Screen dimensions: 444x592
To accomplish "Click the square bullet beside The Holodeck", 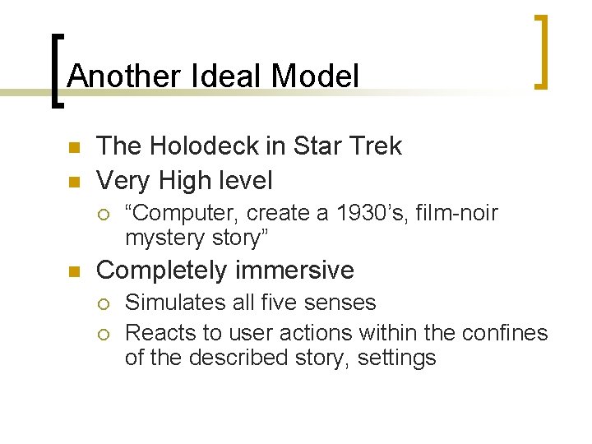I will pos(72,148).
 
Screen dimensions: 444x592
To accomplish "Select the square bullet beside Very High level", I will pos(72,180).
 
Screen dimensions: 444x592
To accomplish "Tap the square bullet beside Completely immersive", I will pos(72,271).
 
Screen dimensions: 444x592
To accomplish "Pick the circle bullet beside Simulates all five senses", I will pos(103,303).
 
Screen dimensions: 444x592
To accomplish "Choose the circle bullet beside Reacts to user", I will pos(103,334).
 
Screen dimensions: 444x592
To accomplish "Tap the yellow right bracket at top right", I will pos(541,51).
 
